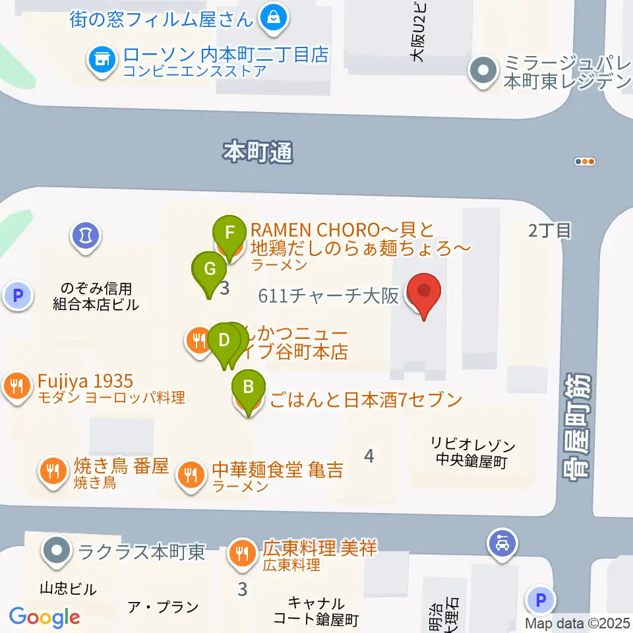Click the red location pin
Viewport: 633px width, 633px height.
pyautogui.click(x=423, y=293)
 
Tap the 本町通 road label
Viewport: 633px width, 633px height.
pyautogui.click(x=258, y=153)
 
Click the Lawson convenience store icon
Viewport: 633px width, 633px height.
pyautogui.click(x=101, y=60)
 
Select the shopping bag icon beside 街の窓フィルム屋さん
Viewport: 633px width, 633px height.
pyautogui.click(x=272, y=17)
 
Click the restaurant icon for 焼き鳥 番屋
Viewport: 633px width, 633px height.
pyautogui.click(x=53, y=471)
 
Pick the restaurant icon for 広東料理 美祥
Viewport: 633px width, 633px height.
pyautogui.click(x=243, y=552)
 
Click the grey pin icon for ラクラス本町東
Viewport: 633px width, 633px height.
pyautogui.click(x=57, y=550)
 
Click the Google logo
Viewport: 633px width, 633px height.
pyautogui.click(x=44, y=618)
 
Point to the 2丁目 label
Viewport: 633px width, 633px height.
pyautogui.click(x=549, y=231)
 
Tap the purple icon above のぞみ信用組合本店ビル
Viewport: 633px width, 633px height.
pyautogui.click(x=85, y=233)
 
